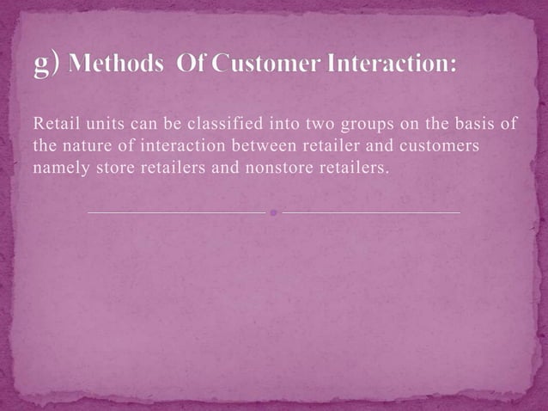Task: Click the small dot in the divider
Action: tap(273, 211)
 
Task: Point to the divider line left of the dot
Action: tap(176, 211)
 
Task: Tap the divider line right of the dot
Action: tap(370, 211)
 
